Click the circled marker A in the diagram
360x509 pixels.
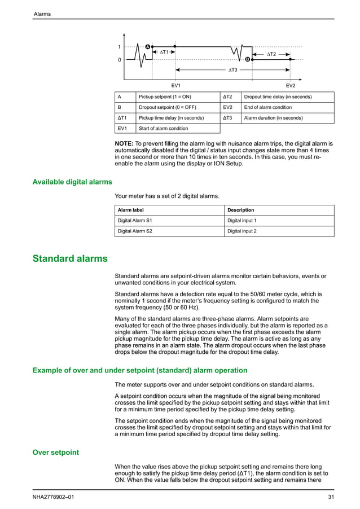tap(147, 46)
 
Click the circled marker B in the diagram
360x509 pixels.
tap(247, 59)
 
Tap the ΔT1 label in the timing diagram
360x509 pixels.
tap(164, 52)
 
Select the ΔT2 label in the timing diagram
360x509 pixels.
tap(271, 54)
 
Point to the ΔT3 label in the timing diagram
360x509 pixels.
tap(232, 70)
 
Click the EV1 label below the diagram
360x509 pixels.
tap(175, 85)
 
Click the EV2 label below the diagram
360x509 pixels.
tap(291, 85)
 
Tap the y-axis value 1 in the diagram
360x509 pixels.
tap(120, 46)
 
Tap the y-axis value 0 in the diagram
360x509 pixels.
tap(120, 59)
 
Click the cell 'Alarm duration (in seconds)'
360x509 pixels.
tap(273, 119)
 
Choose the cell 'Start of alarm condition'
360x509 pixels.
tap(164, 129)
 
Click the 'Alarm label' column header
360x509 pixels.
tap(130, 210)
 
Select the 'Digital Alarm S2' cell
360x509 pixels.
tap(134, 231)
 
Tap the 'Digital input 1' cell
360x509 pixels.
tap(242, 221)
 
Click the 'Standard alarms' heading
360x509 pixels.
tap(69, 259)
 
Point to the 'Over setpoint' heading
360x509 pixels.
tap(56, 453)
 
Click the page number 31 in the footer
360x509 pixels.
tap(331, 497)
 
